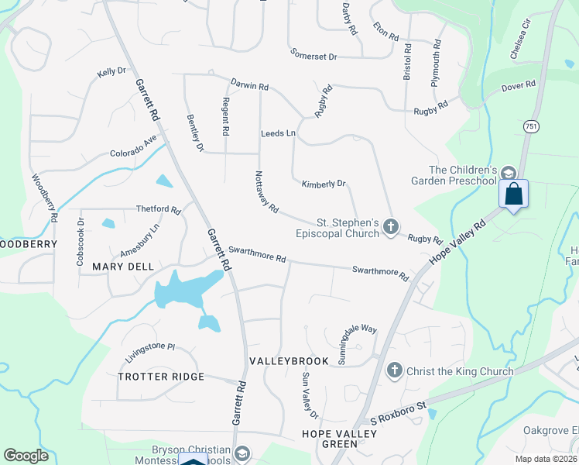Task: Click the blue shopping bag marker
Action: coord(513,194)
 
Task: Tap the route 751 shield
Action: coord(530,126)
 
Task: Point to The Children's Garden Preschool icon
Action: coord(508,172)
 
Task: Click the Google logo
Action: coord(26,456)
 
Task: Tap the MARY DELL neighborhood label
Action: coord(118,266)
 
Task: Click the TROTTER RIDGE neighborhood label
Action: coord(161,377)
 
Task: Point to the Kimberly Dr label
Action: coord(324,184)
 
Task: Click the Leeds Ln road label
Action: coord(278,134)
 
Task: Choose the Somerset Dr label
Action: coord(314,56)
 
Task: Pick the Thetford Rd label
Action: coord(158,209)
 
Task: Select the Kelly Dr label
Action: coord(111,72)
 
